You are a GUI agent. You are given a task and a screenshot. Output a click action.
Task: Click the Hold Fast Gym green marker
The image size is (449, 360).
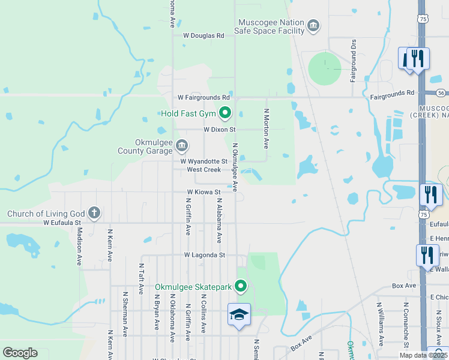point(225,113)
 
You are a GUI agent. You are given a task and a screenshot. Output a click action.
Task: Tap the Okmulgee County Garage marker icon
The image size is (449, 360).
point(182,146)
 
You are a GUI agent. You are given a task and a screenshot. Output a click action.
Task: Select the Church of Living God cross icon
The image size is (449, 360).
point(94,213)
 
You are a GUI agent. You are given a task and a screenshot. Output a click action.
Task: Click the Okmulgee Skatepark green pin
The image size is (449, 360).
point(241,287)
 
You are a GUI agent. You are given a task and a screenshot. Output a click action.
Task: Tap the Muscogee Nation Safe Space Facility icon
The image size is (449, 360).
point(313,26)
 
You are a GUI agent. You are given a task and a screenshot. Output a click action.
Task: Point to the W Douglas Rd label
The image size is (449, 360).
point(203,36)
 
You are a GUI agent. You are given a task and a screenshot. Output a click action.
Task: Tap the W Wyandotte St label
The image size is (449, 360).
point(204,161)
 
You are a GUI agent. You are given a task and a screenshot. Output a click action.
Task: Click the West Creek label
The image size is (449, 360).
point(204,170)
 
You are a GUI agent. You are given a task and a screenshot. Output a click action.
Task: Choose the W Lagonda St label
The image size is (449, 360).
point(205,255)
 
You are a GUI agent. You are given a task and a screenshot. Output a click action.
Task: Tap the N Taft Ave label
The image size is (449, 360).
point(141,278)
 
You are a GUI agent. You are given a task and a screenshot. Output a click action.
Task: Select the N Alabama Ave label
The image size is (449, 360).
point(220,221)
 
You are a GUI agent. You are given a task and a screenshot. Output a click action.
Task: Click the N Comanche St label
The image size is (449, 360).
point(406,325)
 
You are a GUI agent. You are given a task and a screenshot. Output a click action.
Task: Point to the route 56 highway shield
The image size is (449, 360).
point(441,93)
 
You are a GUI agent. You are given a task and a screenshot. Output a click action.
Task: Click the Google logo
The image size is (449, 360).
point(20,353)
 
